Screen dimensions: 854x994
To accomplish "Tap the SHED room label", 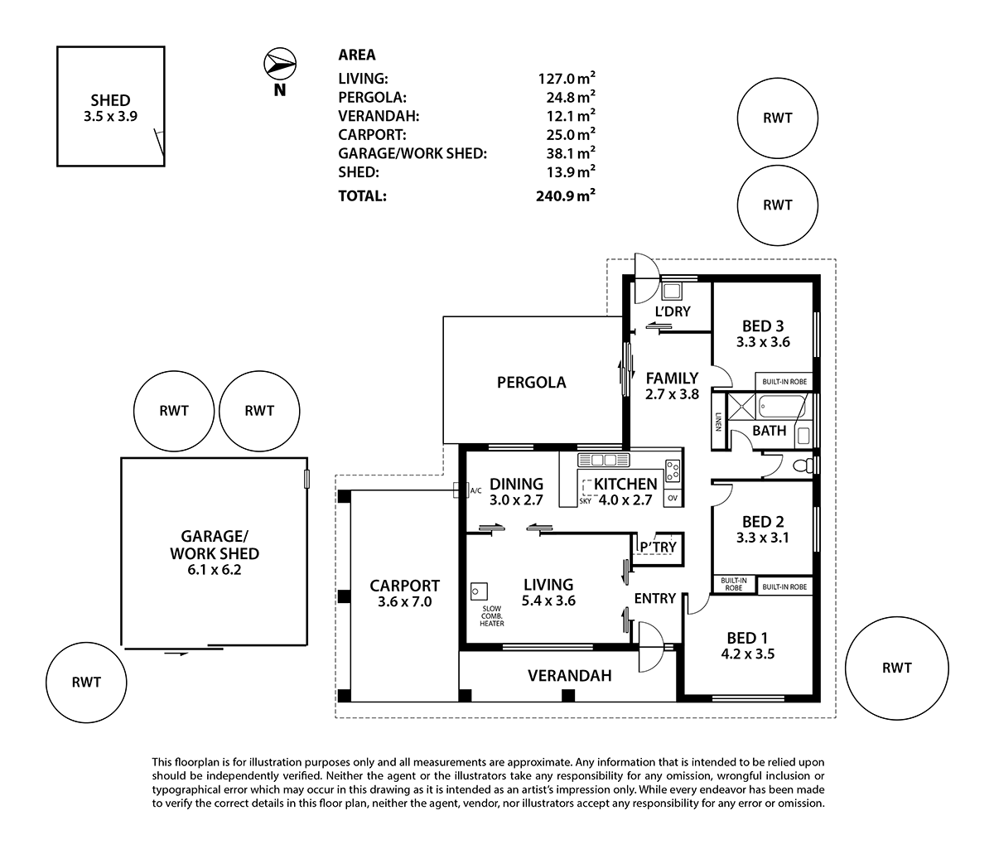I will point(109,101).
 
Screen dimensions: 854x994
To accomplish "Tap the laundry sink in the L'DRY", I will point(671,292).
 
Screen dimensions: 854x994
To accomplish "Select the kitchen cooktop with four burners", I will point(673,470).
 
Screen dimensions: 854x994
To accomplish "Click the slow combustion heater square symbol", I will point(478,591).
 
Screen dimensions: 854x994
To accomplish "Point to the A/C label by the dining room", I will point(475,490).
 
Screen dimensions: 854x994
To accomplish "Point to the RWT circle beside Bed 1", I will point(897,668).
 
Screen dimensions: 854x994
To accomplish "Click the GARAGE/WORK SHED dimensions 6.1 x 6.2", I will point(214,570).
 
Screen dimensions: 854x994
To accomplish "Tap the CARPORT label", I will point(404,586).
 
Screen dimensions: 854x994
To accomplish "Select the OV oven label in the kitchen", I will point(672,498).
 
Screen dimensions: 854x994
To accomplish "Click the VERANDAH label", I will point(569,676).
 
